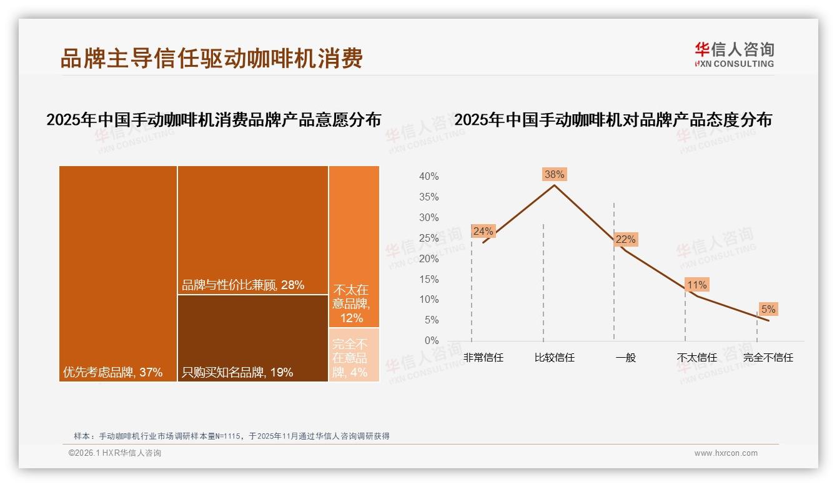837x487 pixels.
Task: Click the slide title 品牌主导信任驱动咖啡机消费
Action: click(x=211, y=58)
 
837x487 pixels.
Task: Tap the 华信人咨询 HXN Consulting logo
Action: click(x=734, y=55)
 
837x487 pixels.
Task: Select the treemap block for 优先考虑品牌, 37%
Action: click(x=118, y=273)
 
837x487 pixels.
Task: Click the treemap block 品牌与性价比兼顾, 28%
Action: click(x=253, y=230)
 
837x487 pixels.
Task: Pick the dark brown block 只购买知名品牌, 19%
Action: click(x=253, y=338)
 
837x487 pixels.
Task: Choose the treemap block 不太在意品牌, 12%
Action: click(x=354, y=247)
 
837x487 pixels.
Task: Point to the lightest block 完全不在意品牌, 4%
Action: click(x=354, y=355)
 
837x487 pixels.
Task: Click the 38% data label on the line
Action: click(x=554, y=175)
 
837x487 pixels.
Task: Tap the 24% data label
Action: click(x=483, y=232)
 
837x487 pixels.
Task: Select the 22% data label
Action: click(x=625, y=240)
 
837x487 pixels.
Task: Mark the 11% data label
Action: click(x=696, y=285)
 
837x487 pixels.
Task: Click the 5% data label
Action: click(x=768, y=310)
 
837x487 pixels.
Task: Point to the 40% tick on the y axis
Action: click(x=428, y=177)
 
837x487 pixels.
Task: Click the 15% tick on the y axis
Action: click(x=428, y=279)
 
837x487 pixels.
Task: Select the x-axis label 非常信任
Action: click(x=483, y=358)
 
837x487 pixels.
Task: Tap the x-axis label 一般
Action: click(x=625, y=358)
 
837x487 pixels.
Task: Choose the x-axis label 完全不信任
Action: click(x=768, y=358)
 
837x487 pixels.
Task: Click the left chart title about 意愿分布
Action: click(x=214, y=120)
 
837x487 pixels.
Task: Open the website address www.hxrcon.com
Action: click(x=726, y=453)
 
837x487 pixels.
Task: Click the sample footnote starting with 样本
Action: click(x=231, y=436)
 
